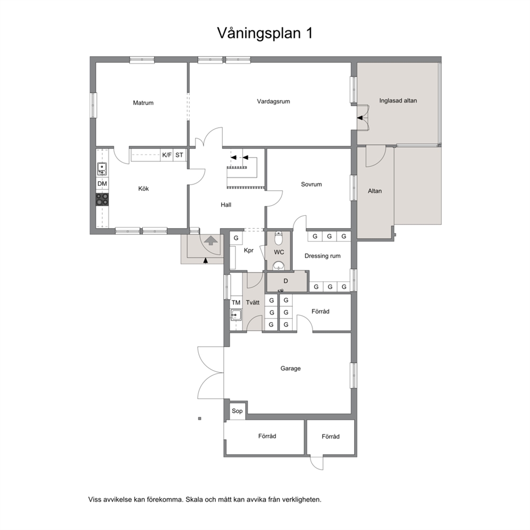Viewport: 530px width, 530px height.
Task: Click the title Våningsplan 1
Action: [x=264, y=34]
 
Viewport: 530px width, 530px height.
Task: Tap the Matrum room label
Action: [x=143, y=103]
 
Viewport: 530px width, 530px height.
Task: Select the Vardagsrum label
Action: [x=273, y=102]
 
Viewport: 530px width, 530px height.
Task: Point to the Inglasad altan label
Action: [x=398, y=101]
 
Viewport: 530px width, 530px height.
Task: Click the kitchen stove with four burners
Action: [x=103, y=199]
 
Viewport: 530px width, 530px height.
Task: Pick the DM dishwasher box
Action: [x=102, y=184]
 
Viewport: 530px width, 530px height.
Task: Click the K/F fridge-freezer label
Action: [x=167, y=155]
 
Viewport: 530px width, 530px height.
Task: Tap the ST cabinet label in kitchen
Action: [x=179, y=155]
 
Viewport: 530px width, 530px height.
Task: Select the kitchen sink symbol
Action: [x=102, y=168]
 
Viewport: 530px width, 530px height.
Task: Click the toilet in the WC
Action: [x=279, y=238]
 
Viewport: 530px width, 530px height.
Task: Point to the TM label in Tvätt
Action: [x=236, y=302]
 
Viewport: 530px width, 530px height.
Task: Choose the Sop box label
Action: [x=237, y=411]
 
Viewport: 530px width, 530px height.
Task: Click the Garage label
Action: [x=290, y=369]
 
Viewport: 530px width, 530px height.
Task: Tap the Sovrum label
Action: [x=311, y=184]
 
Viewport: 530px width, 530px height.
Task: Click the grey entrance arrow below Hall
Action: [x=211, y=240]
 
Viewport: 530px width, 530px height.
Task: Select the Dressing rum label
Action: [x=323, y=256]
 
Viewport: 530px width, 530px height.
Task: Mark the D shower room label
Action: [x=286, y=281]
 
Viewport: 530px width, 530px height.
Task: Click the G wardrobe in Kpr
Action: [x=236, y=238]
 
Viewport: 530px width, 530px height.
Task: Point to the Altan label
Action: [x=375, y=191]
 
